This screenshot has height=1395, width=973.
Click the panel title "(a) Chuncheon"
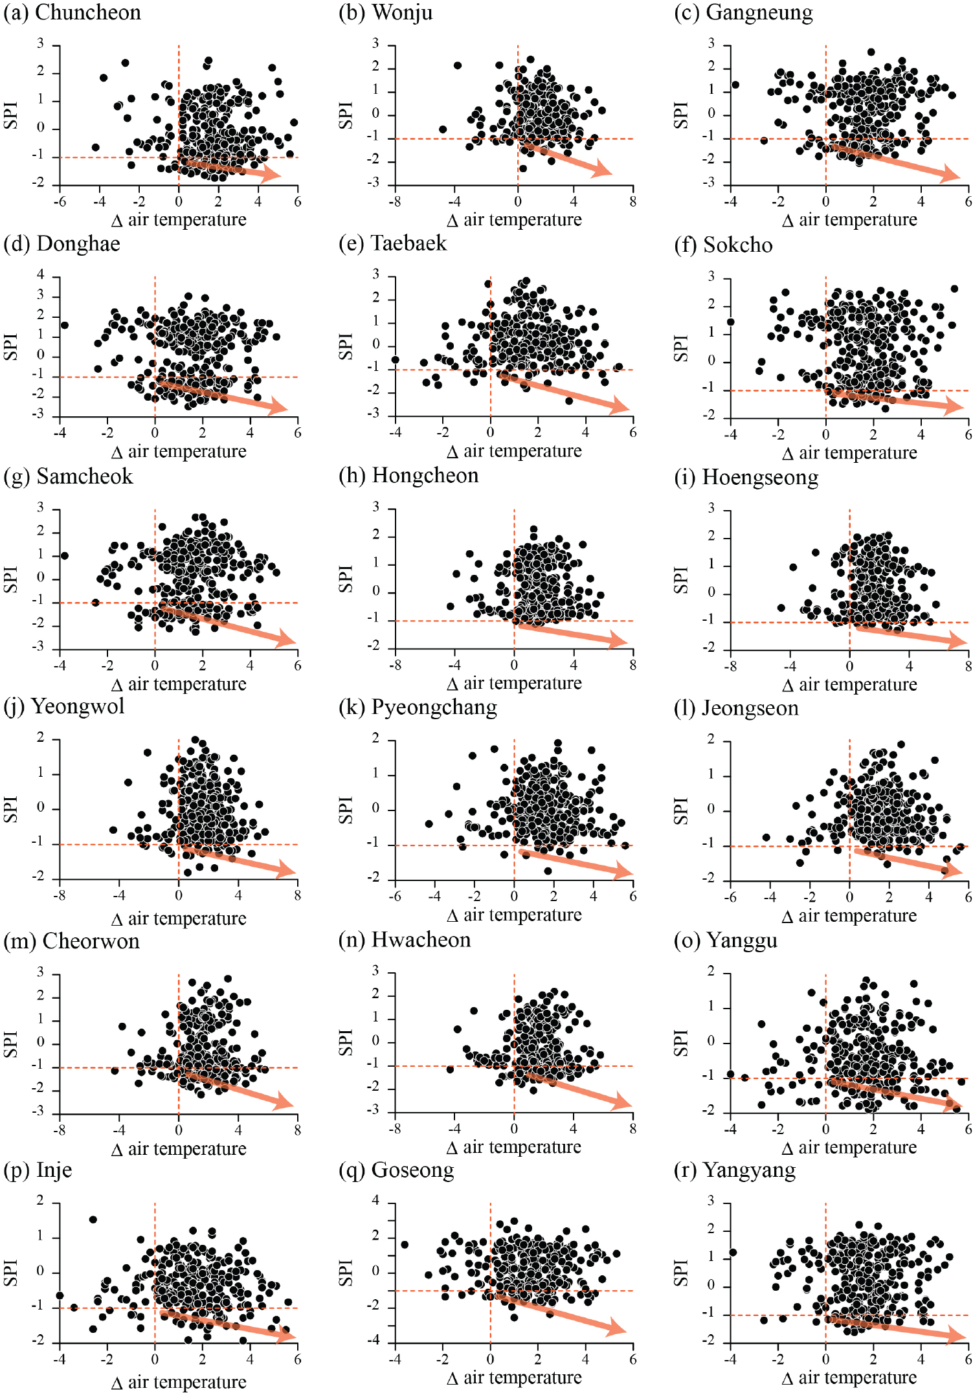click(x=72, y=12)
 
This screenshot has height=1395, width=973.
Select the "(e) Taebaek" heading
click(x=392, y=243)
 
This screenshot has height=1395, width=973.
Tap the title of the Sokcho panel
click(x=723, y=245)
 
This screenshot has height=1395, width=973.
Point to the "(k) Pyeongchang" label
click(x=418, y=707)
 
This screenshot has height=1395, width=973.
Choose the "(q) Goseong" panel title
click(x=396, y=1170)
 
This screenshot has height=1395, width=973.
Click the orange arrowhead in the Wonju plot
click(x=603, y=170)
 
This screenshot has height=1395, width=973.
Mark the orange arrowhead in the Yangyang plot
click(x=958, y=1335)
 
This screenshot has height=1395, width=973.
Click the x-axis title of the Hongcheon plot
click(x=514, y=683)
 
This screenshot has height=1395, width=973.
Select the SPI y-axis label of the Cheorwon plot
click(x=10, y=1044)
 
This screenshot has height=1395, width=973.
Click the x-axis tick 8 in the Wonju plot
click(x=633, y=201)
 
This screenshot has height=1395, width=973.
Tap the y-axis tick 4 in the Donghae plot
click(x=41, y=274)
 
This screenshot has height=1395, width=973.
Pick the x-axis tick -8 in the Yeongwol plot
click(x=60, y=896)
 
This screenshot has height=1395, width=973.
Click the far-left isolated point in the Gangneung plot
click(x=735, y=85)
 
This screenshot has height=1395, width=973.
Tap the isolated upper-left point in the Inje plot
click(x=93, y=1220)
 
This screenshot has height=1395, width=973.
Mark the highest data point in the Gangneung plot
click(x=871, y=52)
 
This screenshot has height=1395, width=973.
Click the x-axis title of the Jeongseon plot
click(x=849, y=915)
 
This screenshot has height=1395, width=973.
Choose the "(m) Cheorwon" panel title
click(x=71, y=941)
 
